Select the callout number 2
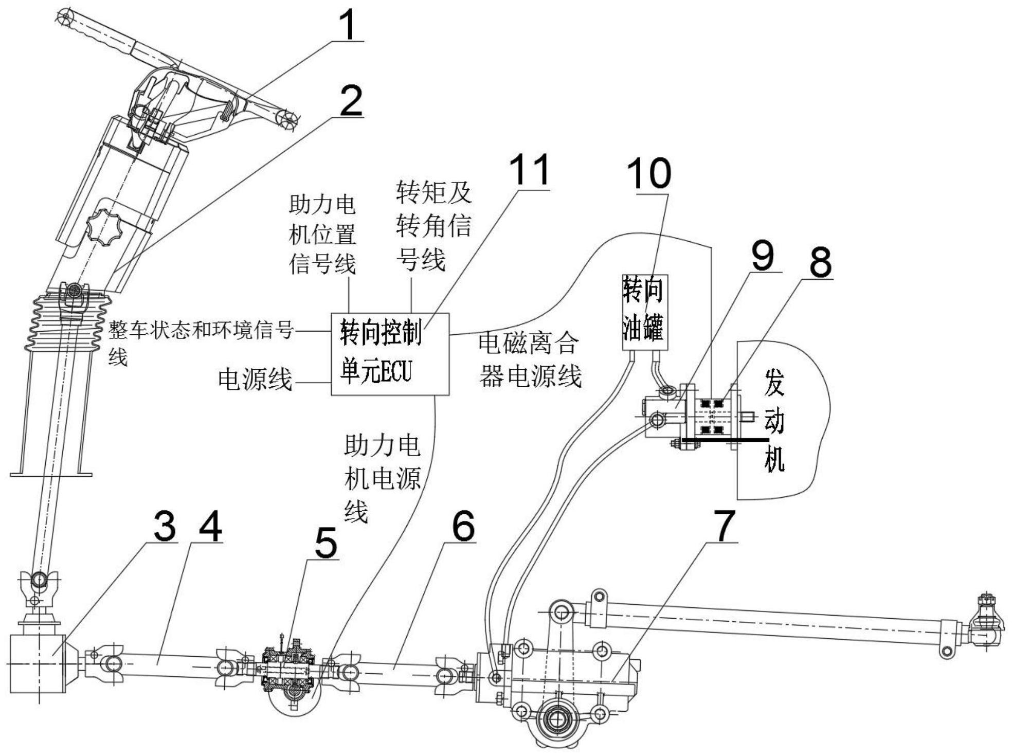[x=351, y=101]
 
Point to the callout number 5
[x=326, y=543]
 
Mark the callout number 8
[x=820, y=262]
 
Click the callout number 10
[x=649, y=173]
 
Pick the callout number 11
[x=529, y=169]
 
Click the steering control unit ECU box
[x=390, y=354]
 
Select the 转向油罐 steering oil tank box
[x=645, y=313]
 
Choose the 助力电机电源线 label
[x=382, y=478]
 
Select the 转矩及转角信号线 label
[x=433, y=226]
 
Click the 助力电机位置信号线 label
[x=322, y=235]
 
